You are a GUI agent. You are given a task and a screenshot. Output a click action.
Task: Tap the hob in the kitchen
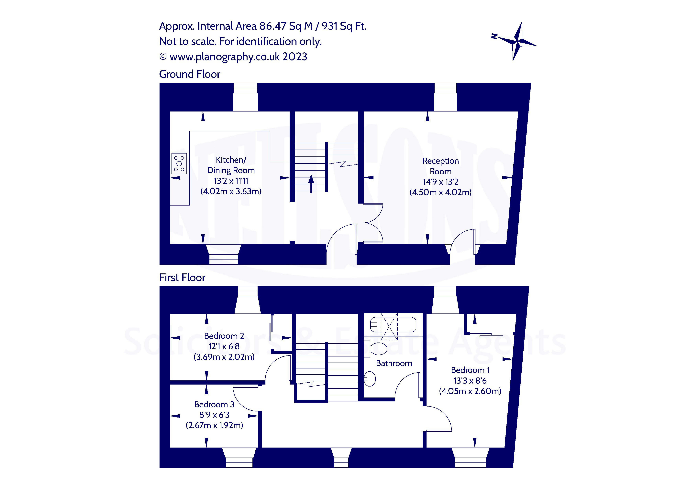click(179, 164)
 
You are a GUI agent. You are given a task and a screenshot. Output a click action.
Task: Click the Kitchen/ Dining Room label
click(231, 165)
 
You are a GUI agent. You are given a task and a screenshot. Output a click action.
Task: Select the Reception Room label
click(440, 166)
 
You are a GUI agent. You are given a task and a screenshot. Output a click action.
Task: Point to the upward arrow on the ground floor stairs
click(311, 183)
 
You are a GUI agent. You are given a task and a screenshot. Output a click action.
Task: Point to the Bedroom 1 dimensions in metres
click(470, 391)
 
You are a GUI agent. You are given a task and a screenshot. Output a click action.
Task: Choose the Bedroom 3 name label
click(214, 404)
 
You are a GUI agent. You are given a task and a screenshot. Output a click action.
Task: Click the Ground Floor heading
click(190, 74)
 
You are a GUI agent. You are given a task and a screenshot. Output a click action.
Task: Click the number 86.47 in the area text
click(273, 26)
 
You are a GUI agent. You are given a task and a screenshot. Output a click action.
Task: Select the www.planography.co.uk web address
click(225, 57)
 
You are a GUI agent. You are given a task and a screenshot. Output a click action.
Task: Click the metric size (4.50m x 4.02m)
click(440, 192)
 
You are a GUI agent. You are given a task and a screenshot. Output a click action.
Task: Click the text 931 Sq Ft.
click(344, 26)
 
